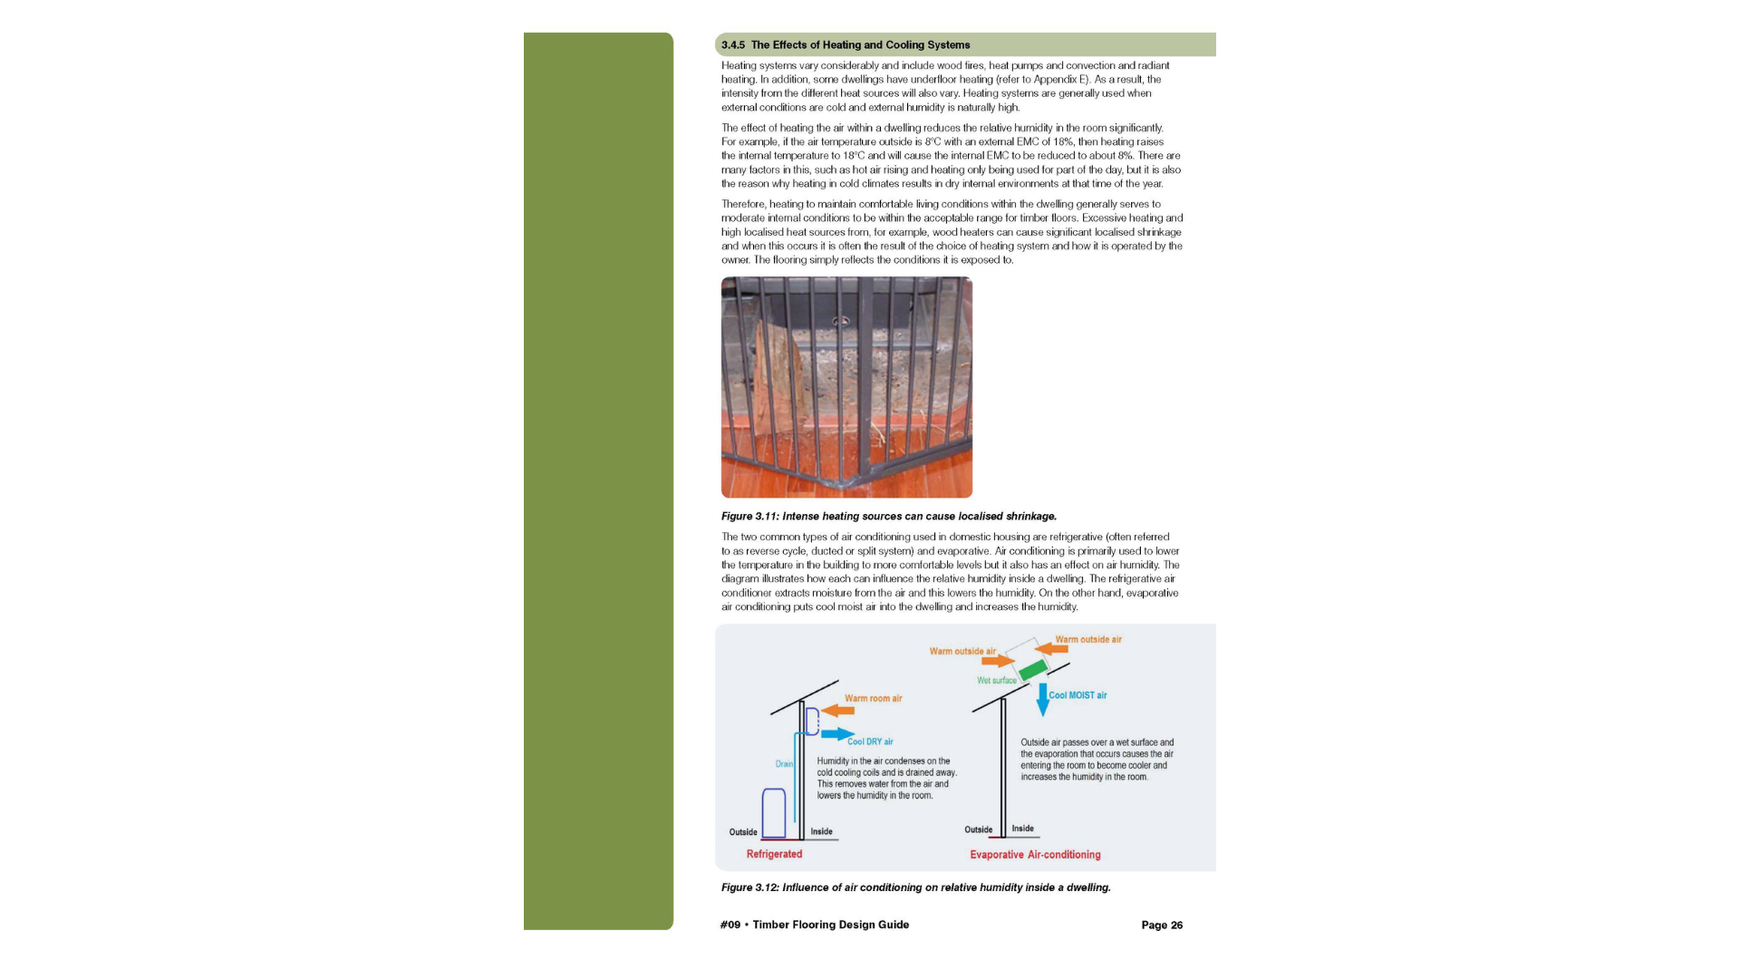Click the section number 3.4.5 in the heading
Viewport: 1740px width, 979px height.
coord(732,44)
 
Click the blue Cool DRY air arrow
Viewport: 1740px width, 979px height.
coord(837,733)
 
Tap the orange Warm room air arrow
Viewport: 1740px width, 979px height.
coord(838,711)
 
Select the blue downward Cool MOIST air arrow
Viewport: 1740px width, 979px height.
coord(1042,699)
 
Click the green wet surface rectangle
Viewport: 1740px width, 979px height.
coord(1033,670)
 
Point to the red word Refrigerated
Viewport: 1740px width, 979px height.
coord(774,854)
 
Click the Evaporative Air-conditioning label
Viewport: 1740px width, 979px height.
coord(1035,855)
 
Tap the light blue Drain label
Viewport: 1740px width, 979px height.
coord(784,764)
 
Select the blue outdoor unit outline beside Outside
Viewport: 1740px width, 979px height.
coord(773,813)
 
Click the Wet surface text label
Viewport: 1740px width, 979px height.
coord(996,681)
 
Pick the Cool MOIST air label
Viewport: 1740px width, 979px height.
coord(1078,695)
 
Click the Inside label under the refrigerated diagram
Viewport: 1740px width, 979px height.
coord(821,831)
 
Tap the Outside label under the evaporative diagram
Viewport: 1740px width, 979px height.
coord(978,829)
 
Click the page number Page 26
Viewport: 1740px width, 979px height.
coord(1162,925)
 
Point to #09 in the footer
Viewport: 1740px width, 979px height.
coord(730,925)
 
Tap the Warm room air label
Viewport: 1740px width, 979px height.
coord(873,698)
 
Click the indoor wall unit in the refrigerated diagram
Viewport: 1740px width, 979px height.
coord(812,722)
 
